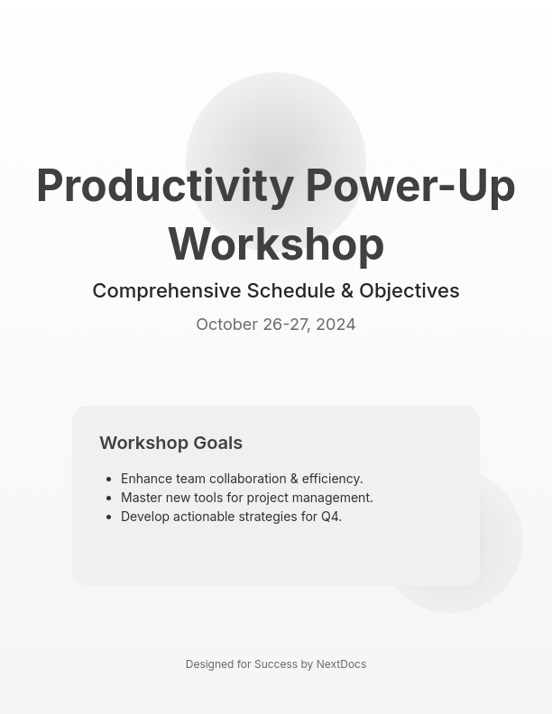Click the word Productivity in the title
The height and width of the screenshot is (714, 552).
(x=165, y=186)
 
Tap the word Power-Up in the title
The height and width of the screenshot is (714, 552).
(x=409, y=186)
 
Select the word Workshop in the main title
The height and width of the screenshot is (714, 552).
(x=276, y=244)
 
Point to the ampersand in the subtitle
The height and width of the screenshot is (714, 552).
(x=347, y=291)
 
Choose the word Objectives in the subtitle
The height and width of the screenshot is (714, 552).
(x=409, y=291)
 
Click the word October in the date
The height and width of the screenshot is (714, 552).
(x=226, y=325)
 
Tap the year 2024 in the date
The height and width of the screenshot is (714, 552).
(x=336, y=325)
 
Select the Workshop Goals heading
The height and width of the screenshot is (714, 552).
(x=170, y=443)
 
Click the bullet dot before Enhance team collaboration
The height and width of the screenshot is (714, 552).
(x=108, y=480)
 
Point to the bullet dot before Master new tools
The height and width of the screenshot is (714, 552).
(x=108, y=499)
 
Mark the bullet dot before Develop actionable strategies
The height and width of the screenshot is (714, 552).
(x=108, y=517)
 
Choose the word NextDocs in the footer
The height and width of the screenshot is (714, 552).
(x=341, y=664)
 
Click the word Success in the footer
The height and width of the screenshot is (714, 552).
(x=275, y=664)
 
